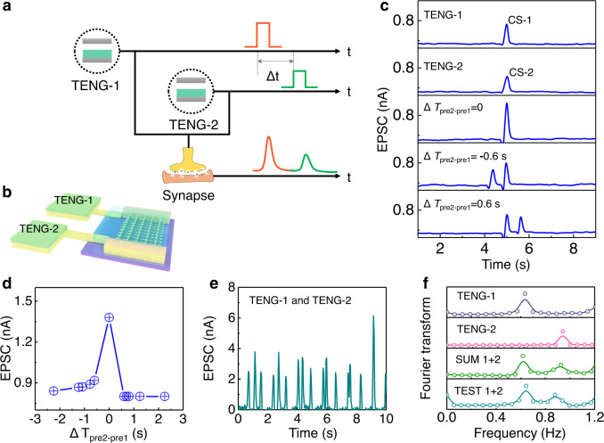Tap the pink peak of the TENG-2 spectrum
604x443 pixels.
(x=563, y=334)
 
